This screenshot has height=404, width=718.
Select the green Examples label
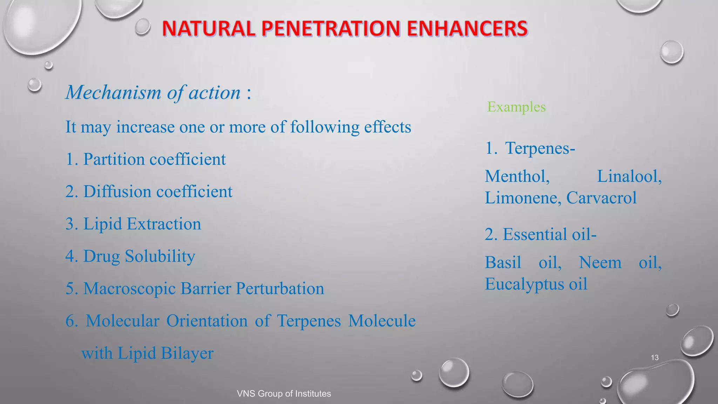516,107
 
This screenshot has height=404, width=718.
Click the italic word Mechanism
113,93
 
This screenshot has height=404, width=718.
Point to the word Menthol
517,176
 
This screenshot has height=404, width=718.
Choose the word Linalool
629,176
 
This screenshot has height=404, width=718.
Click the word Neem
600,262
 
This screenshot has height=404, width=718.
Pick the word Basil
503,262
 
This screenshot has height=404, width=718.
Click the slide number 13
654,357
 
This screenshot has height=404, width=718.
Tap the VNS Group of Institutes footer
284,393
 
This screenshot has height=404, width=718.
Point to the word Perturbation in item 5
279,289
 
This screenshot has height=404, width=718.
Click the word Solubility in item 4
160,256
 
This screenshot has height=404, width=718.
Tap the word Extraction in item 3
164,224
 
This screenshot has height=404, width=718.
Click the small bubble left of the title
143,27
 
